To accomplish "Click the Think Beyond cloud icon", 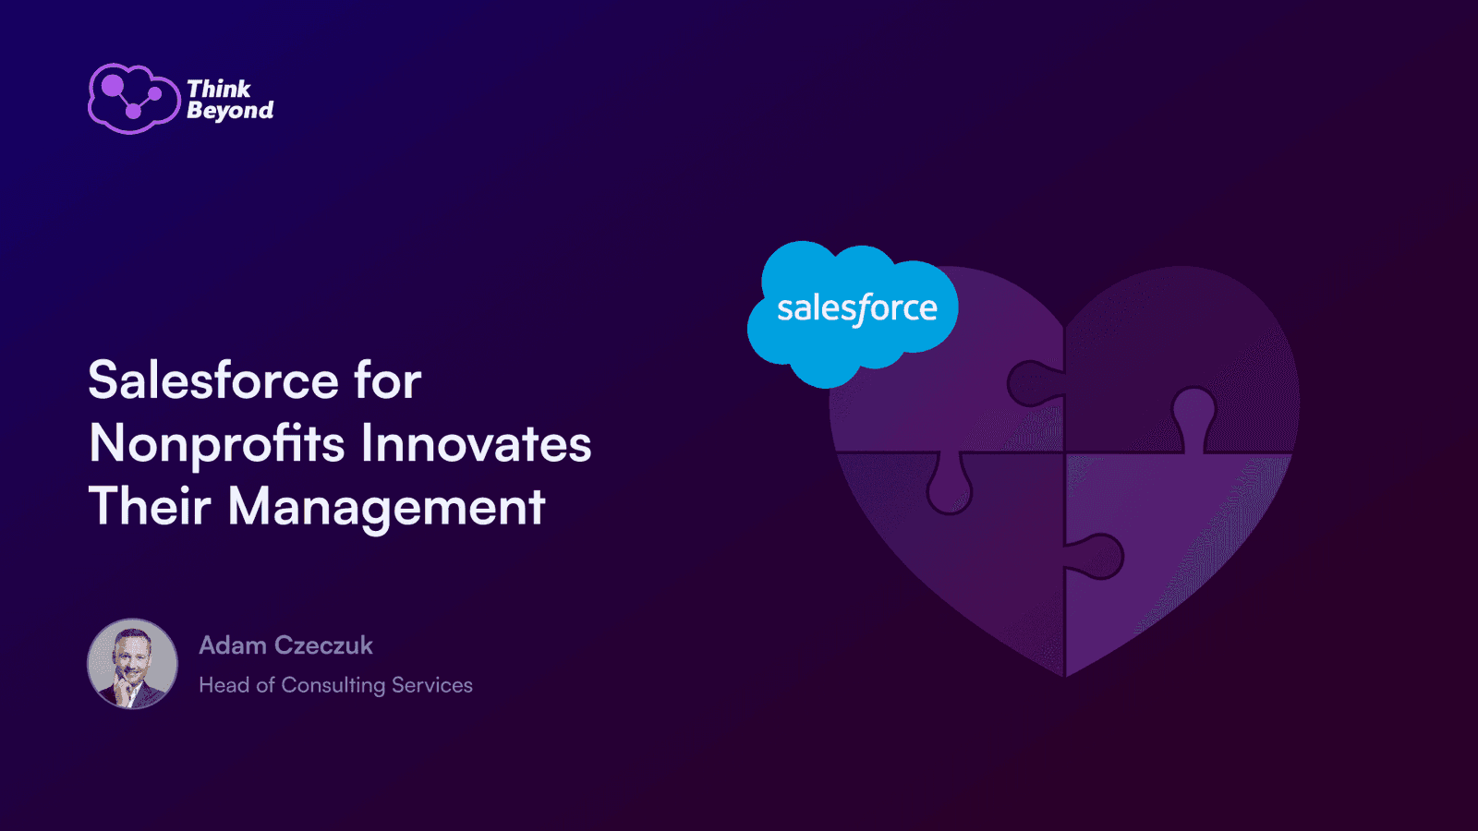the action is pyautogui.click(x=134, y=99).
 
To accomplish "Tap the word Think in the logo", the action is pyautogui.click(x=218, y=89).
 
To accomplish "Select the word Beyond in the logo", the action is pyautogui.click(x=230, y=111).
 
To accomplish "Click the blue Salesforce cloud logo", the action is pyautogui.click(x=853, y=314).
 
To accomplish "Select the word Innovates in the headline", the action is pyautogui.click(x=476, y=444).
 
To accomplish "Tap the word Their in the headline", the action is pyautogui.click(x=150, y=506).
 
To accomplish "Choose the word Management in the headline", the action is pyautogui.click(x=387, y=509).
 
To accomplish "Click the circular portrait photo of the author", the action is pyautogui.click(x=133, y=664).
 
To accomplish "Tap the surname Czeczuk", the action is pyautogui.click(x=323, y=645).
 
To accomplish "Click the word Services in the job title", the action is pyautogui.click(x=432, y=684).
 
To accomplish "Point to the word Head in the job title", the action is pyautogui.click(x=224, y=684).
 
